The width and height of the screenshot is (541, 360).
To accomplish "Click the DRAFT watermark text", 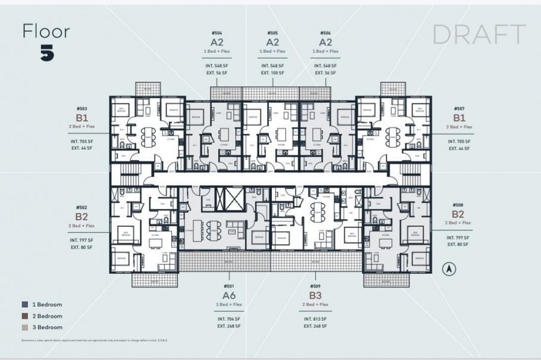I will point(479,35).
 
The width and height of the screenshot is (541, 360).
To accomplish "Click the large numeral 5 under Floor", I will point(48,53).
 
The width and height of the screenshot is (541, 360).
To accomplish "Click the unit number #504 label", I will point(216,33).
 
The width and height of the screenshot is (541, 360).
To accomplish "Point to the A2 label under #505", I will point(272,42).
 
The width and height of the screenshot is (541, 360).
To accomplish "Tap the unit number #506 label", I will point(325,33).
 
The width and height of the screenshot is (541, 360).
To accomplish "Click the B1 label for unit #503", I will point(81,118).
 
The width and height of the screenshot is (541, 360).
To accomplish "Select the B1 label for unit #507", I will point(459,118).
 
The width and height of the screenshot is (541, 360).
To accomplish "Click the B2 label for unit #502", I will point(81,216).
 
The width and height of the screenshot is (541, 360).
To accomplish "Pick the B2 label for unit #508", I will point(458,214).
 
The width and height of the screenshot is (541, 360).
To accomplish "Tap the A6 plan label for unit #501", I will point(229,295).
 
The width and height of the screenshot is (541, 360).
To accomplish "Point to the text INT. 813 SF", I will point(315,319).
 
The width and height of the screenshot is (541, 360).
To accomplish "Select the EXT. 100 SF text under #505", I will point(272,72).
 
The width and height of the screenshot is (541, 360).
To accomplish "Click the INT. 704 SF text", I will point(229,319).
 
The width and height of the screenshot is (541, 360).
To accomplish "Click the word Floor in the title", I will point(46,31).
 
